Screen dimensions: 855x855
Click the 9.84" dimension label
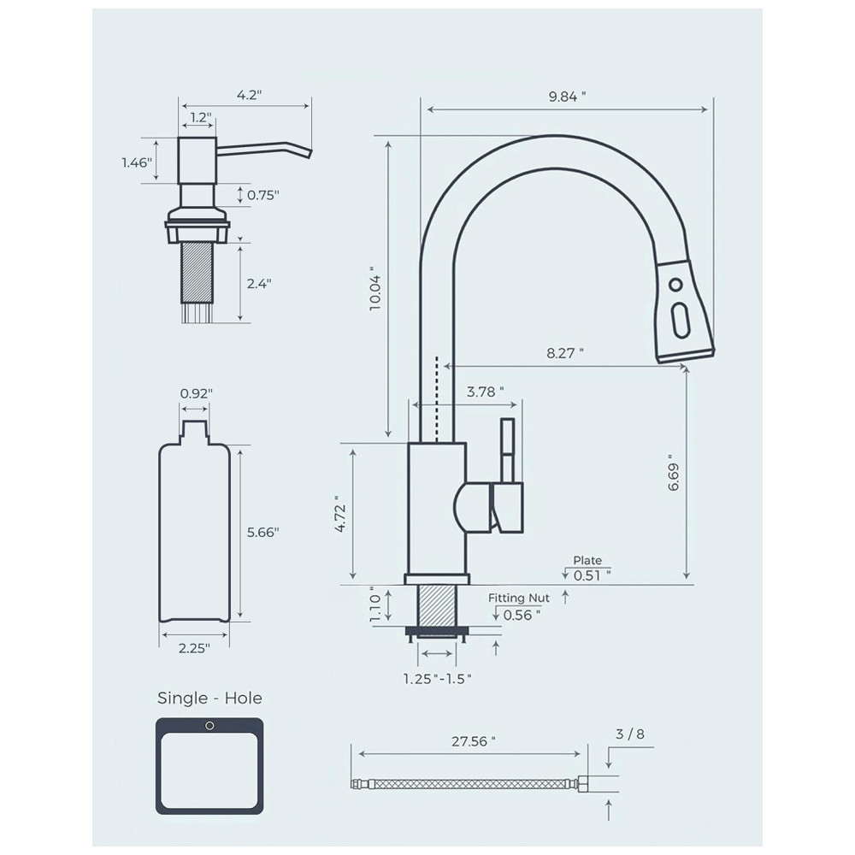tap(567, 97)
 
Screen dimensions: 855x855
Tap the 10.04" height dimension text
tap(375, 289)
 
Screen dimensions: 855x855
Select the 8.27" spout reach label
tap(565, 353)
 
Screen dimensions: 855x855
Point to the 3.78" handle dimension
tap(486, 392)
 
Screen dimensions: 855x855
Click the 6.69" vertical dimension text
tap(674, 473)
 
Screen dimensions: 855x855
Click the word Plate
tap(587, 560)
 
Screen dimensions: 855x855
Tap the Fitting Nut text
tap(519, 598)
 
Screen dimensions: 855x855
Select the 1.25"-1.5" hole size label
tap(437, 678)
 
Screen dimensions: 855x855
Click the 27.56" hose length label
tap(474, 741)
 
